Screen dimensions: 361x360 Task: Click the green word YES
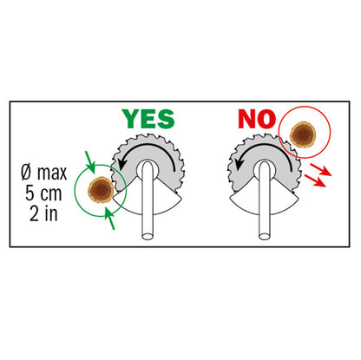pyautogui.click(x=148, y=119)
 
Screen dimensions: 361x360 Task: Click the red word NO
pyautogui.click(x=257, y=119)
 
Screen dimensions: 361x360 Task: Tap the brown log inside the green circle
pyautogui.click(x=101, y=190)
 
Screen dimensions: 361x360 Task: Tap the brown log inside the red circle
pyautogui.click(x=303, y=134)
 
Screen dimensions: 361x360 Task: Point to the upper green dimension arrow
pyautogui.click(x=90, y=162)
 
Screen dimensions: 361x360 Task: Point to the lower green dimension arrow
pyautogui.click(x=109, y=219)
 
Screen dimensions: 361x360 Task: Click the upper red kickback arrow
pyautogui.click(x=320, y=170)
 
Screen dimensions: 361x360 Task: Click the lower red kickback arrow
pyautogui.click(x=315, y=180)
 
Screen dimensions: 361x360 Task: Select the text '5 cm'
pyautogui.click(x=43, y=193)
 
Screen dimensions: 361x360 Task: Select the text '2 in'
pyautogui.click(x=43, y=214)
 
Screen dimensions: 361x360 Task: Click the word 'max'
pyautogui.click(x=52, y=173)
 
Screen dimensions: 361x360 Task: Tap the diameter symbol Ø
pyautogui.click(x=26, y=173)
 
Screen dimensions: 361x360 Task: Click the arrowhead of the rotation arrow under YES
pyautogui.click(x=123, y=165)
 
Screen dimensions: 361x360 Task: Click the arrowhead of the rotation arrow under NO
pyautogui.click(x=240, y=165)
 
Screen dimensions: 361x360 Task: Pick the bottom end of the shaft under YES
pyautogui.click(x=148, y=236)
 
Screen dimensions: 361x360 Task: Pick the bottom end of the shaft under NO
pyautogui.click(x=264, y=236)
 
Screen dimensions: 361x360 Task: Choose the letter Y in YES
pyautogui.click(x=131, y=119)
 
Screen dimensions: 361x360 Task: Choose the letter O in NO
pyautogui.click(x=266, y=119)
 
